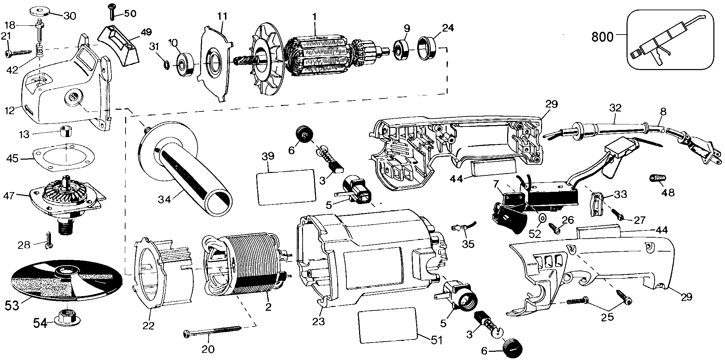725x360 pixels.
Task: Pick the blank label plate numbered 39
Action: [285, 187]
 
